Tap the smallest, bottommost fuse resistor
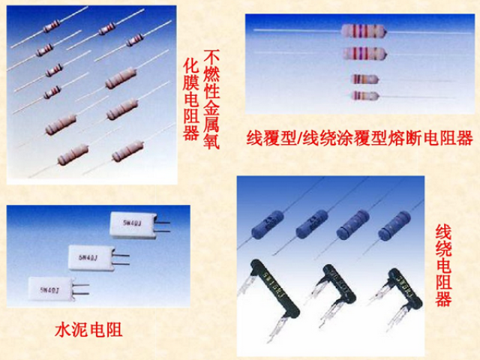364,95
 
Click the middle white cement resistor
89,256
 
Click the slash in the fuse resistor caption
298,139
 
